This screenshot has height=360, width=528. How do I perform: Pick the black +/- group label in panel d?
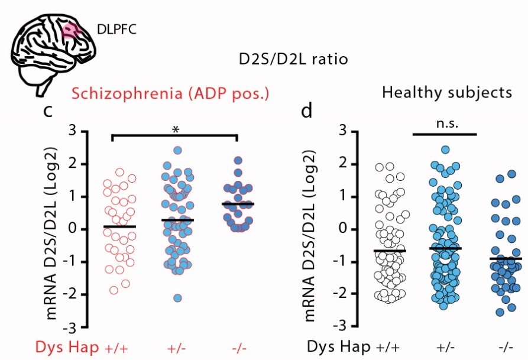pyautogui.click(x=445, y=346)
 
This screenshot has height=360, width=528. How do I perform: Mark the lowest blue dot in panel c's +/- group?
pyautogui.click(x=177, y=298)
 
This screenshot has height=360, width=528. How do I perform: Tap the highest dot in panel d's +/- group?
pyautogui.click(x=445, y=150)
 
